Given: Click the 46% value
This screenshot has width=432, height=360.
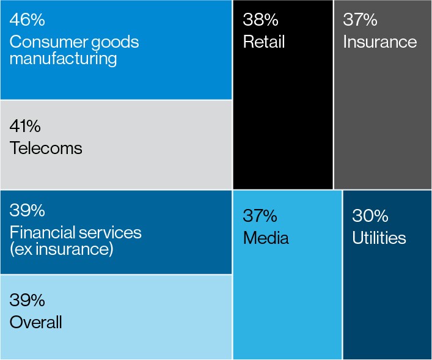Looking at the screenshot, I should coord(27,20).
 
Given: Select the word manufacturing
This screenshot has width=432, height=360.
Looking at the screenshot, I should coord(63,59).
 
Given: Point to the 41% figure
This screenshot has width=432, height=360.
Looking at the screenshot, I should coord(26,127).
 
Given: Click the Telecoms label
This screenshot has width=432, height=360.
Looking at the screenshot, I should coord(46,148).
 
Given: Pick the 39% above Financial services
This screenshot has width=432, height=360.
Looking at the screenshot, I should coord(27,211).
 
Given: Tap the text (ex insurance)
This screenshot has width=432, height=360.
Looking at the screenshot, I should coord(61,249).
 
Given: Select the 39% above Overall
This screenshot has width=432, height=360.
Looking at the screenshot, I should coord(27,300).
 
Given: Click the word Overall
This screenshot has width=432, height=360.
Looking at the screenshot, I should coord(36,322).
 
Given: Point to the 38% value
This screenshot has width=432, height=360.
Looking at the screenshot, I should coord(260,20).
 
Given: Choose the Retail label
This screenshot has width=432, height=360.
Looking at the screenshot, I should coord(264,42).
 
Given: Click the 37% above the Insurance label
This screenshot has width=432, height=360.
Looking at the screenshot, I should coord(360,20).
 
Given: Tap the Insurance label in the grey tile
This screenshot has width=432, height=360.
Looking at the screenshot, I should coord(380,42).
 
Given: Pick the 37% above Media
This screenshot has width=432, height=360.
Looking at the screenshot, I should coord(260,216).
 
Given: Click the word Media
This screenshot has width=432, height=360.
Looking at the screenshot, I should coord(266,238).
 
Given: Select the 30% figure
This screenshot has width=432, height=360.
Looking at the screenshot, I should coord(370,216).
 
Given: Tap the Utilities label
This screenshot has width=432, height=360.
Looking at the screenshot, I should coord(379,238).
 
